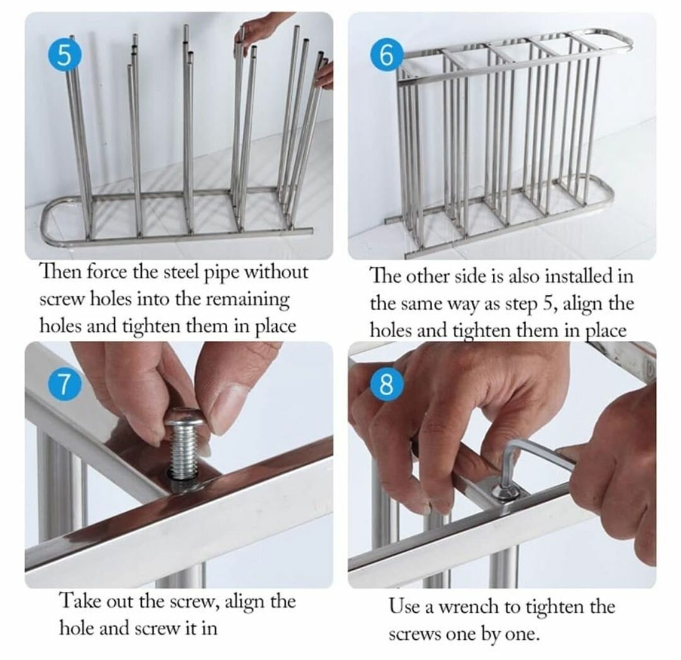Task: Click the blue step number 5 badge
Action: [64, 57]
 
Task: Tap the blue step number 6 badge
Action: [387, 57]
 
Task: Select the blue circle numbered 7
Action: [64, 386]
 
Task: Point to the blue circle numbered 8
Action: [387, 386]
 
